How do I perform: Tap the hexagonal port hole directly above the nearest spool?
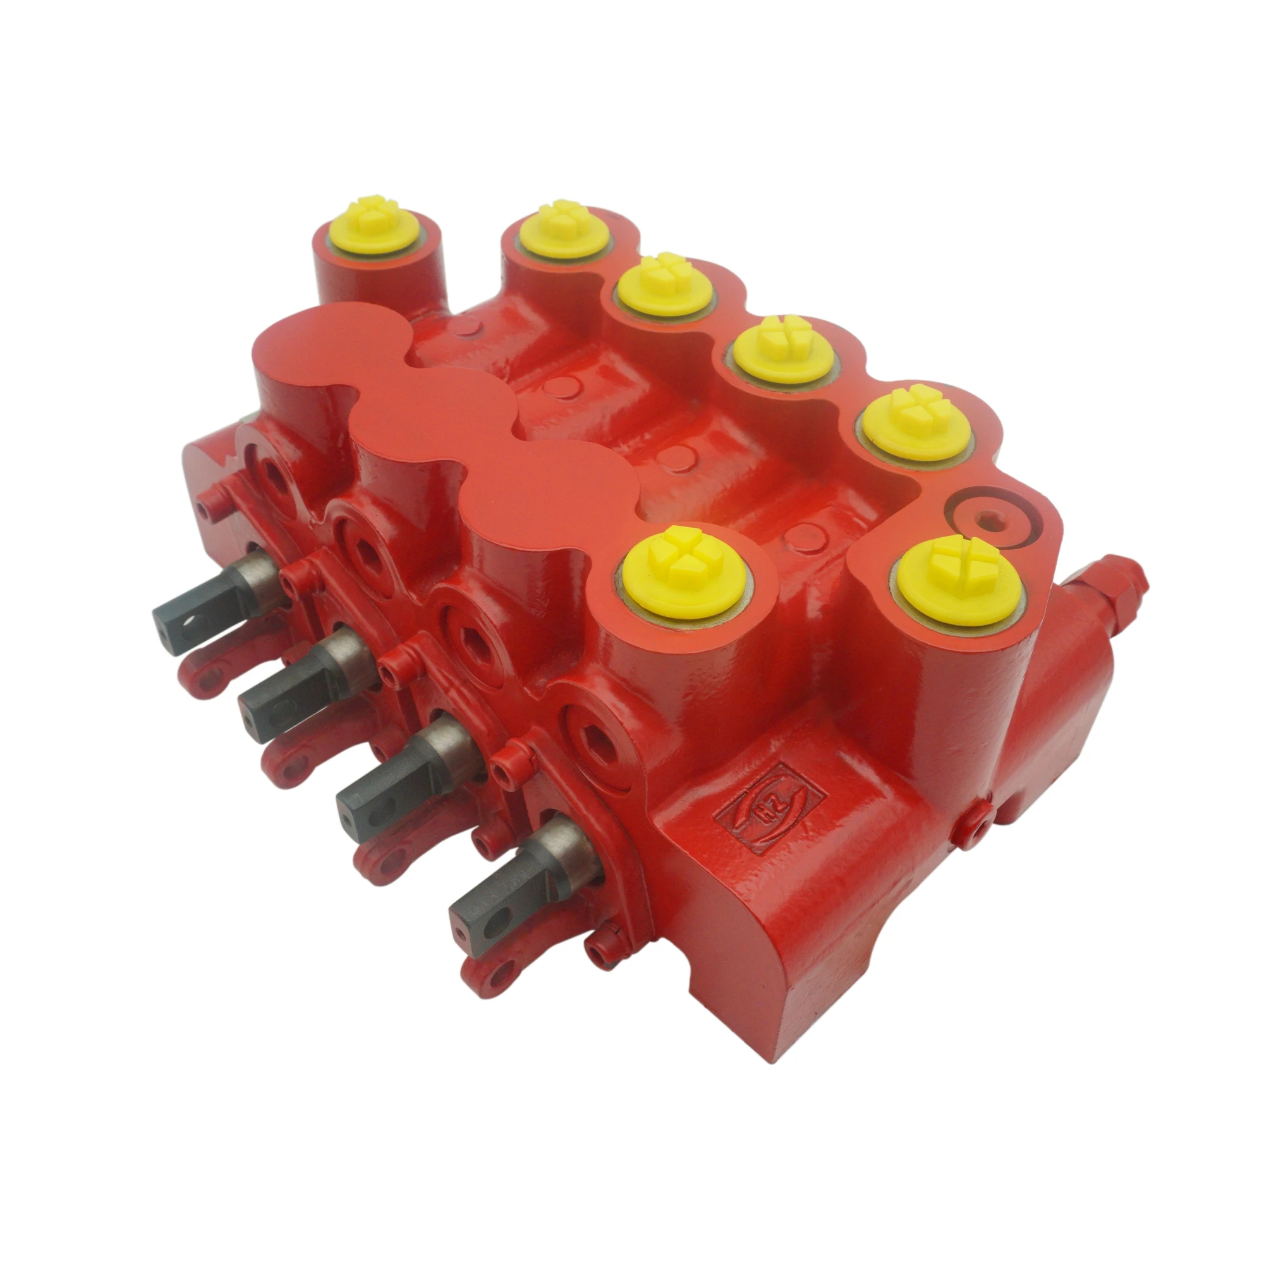[593, 738]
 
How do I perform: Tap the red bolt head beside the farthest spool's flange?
[210, 506]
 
